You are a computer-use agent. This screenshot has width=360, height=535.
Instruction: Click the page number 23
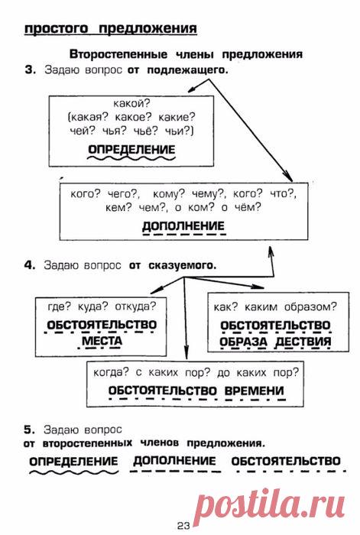pyautogui.click(x=183, y=526)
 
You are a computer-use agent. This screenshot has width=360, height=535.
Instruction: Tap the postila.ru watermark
pyautogui.click(x=272, y=505)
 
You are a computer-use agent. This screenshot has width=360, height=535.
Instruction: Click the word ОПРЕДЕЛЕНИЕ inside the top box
pyautogui.click(x=131, y=150)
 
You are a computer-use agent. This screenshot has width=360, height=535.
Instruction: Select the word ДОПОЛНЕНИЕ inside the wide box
pyautogui.click(x=183, y=225)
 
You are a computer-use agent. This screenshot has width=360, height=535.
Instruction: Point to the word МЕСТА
pyautogui.click(x=102, y=341)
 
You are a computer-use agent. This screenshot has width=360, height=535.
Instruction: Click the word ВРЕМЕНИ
pyautogui.click(x=255, y=391)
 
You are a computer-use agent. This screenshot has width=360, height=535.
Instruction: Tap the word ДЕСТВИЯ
pyautogui.click(x=303, y=341)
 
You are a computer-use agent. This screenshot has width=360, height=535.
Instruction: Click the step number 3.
pyautogui.click(x=31, y=70)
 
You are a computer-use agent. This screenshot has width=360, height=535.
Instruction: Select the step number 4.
pyautogui.click(x=30, y=265)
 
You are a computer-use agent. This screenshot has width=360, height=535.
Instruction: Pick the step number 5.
pyautogui.click(x=30, y=430)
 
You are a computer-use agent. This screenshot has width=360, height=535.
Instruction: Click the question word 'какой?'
pyautogui.click(x=131, y=103)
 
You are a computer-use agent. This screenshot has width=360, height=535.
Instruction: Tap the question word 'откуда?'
pyautogui.click(x=135, y=306)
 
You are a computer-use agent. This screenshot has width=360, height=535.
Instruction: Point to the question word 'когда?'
pyautogui.click(x=112, y=372)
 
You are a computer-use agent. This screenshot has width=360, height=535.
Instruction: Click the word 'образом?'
pyautogui.click(x=310, y=306)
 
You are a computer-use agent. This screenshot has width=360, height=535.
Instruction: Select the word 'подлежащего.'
pyautogui.click(x=187, y=70)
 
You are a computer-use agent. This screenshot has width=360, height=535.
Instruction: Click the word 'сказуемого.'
pyautogui.click(x=183, y=265)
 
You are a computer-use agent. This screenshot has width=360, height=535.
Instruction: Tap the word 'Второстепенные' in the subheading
pyautogui.click(x=118, y=54)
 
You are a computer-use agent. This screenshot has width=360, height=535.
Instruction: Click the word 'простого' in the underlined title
pyautogui.click(x=57, y=28)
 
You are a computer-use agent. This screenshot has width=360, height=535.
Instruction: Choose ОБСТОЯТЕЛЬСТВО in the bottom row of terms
pyautogui.click(x=286, y=461)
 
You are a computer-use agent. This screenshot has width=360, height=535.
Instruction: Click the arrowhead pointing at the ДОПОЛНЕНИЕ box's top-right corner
pyautogui.click(x=289, y=177)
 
